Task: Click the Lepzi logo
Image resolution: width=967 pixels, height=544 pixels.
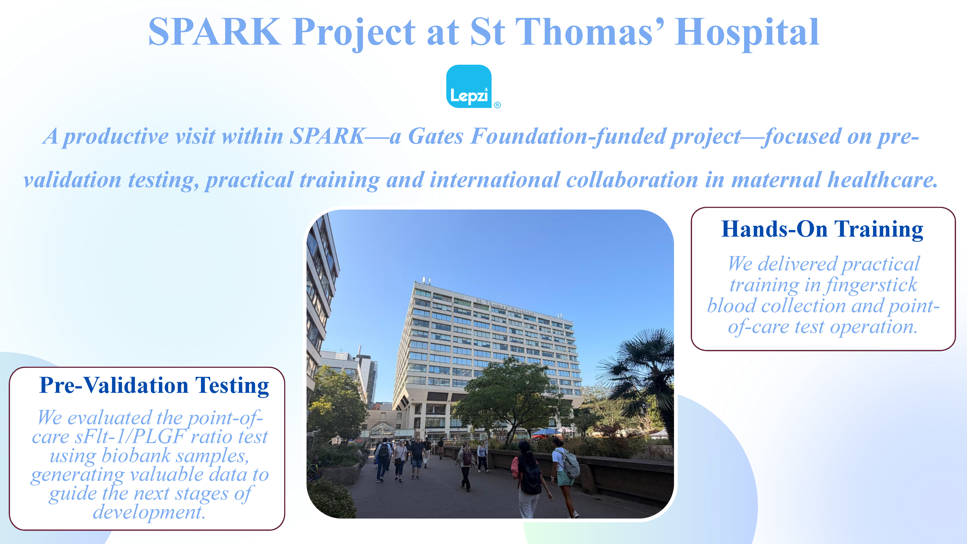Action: point(469,86)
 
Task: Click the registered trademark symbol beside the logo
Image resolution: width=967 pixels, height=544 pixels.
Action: point(497,105)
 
